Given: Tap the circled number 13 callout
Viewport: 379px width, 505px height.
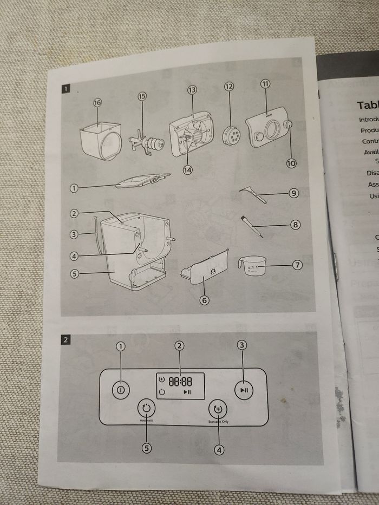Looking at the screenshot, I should pyautogui.click(x=191, y=89).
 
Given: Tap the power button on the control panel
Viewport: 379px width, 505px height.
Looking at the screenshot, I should pyautogui.click(x=121, y=389).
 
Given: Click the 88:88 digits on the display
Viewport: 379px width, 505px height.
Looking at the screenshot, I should pyautogui.click(x=179, y=381).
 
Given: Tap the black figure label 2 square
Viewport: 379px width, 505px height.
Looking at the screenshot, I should pyautogui.click(x=66, y=340).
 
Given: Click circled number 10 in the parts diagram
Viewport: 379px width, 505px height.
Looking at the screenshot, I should pyautogui.click(x=291, y=146).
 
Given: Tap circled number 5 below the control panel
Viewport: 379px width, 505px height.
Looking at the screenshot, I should pyautogui.click(x=146, y=448).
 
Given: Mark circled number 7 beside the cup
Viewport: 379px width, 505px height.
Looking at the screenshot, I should pyautogui.click(x=296, y=266).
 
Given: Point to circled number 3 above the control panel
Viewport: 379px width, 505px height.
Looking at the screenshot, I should pyautogui.click(x=243, y=345).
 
